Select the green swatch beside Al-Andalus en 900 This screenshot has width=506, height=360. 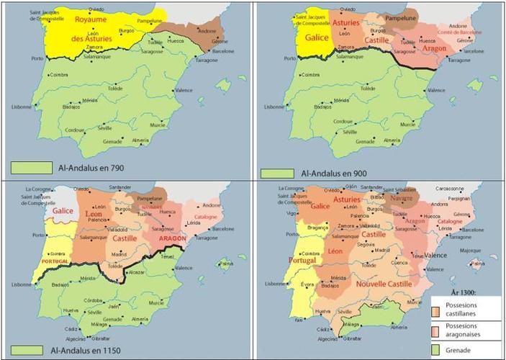tap(277, 174)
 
